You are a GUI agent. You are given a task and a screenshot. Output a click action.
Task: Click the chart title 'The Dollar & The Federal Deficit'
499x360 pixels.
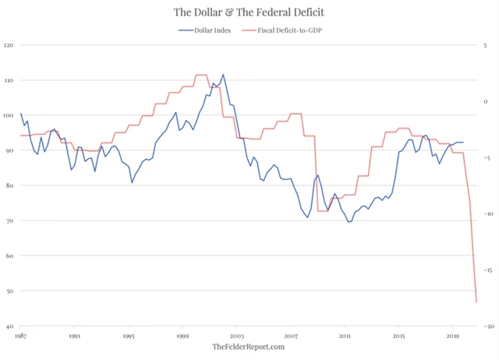pos(249,12)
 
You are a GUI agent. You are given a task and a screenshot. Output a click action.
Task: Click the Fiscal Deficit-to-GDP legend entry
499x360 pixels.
pos(285,30)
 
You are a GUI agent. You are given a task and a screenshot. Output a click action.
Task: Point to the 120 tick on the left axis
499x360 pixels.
pos(9,45)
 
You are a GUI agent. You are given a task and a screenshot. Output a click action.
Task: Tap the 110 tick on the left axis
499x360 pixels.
pos(9,80)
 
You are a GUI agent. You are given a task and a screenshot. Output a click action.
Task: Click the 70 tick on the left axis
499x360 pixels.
pos(9,221)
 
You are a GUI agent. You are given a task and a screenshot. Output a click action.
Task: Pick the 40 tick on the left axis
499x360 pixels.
pos(9,326)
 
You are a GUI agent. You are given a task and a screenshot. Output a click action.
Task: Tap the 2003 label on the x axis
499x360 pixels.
pos(236,337)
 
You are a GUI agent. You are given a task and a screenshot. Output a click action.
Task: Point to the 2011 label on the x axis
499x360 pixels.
pos(344,337)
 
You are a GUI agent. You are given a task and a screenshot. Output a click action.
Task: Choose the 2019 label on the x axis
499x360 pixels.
pos(452,337)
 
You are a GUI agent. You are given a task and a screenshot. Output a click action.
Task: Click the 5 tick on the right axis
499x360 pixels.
pos(486,45)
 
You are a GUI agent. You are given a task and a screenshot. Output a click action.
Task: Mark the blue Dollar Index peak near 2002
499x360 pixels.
pos(223,75)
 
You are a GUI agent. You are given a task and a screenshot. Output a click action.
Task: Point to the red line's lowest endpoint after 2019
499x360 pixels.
pos(476,302)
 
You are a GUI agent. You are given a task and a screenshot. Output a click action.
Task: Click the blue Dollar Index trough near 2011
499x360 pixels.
pos(349,222)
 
